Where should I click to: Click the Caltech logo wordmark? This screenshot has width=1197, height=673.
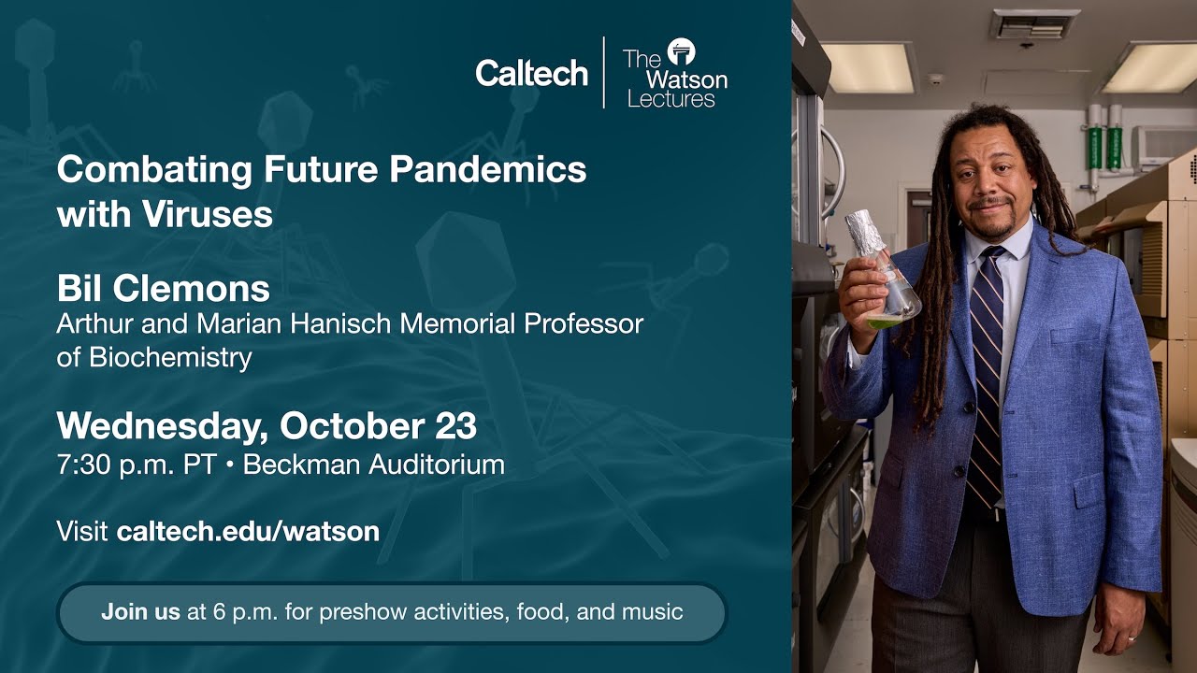pos(531,73)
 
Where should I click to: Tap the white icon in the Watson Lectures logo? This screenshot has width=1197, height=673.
pos(681,51)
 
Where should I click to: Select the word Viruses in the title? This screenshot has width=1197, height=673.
pos(208,215)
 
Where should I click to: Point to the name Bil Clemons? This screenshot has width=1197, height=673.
pos(164,289)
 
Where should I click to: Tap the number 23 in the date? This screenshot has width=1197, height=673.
pos(455,426)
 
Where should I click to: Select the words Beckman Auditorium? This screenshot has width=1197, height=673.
pos(374,465)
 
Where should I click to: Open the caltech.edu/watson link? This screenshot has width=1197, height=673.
pos(248,532)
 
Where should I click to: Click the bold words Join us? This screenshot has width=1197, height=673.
pos(140,613)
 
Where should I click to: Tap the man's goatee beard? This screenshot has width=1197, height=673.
pos(996,224)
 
